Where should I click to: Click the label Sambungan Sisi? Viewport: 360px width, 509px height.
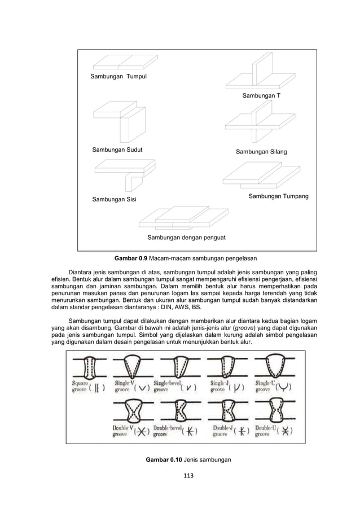click(x=114, y=200)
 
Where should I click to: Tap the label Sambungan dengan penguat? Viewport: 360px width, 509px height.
click(x=186, y=238)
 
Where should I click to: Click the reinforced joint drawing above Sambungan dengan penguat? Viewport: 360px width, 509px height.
click(x=182, y=217)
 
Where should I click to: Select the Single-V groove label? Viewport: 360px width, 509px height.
click(x=125, y=387)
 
